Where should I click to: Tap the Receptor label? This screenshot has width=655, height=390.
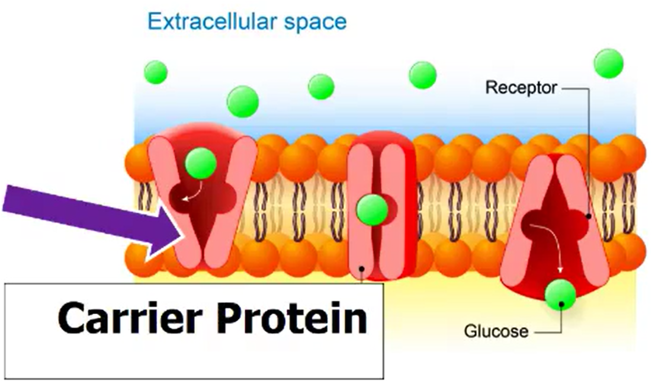pyautogui.click(x=521, y=88)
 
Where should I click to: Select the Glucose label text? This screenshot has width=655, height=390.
pyautogui.click(x=496, y=331)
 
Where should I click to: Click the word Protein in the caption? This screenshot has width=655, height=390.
pyautogui.click(x=291, y=318)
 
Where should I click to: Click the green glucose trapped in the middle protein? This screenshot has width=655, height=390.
pyautogui.click(x=373, y=208)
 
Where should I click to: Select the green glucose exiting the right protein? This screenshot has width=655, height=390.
pyautogui.click(x=560, y=295)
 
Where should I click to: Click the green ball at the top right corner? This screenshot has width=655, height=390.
pyautogui.click(x=609, y=63)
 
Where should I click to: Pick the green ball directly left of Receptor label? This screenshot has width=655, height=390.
pyautogui.click(x=423, y=75)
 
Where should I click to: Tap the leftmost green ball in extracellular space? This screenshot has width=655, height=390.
pyautogui.click(x=156, y=72)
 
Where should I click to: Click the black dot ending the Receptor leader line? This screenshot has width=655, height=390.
pyautogui.click(x=588, y=216)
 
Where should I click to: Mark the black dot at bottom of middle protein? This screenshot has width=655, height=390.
pyautogui.click(x=362, y=270)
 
